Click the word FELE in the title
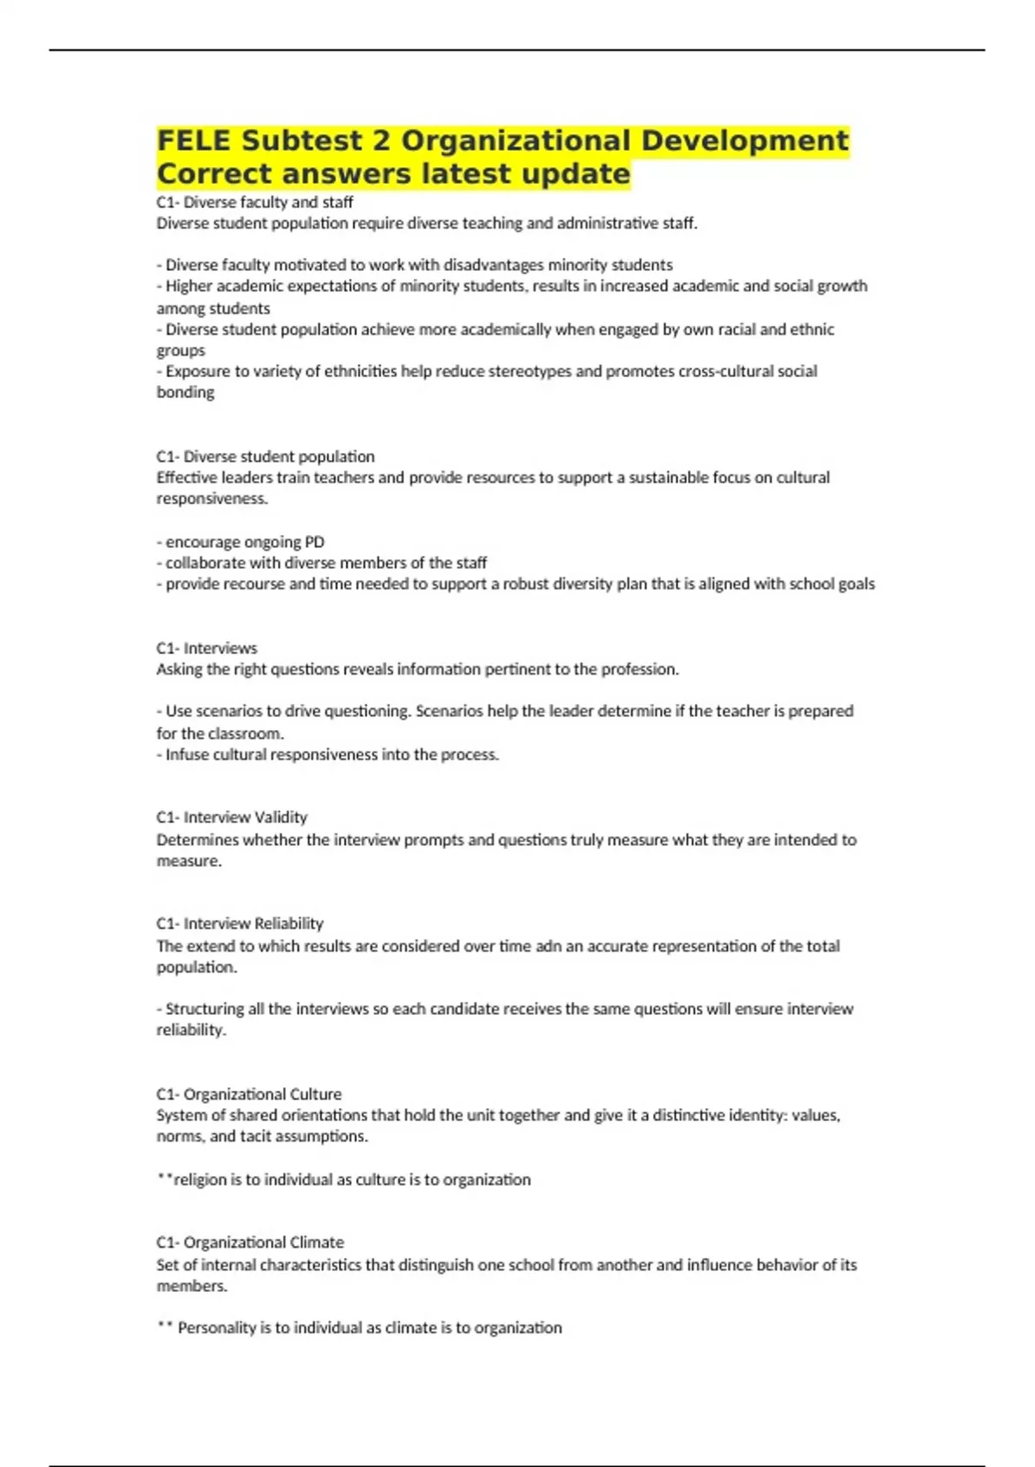pos(195,141)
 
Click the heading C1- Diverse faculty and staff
pos(254,202)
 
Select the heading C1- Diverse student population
pos(265,456)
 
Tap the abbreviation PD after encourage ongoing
pos(315,542)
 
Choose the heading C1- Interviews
pos(206,648)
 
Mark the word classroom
pos(241,733)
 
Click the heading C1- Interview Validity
pos(231,817)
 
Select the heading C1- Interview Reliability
pos(240,923)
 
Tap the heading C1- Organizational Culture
pos(248,1094)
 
